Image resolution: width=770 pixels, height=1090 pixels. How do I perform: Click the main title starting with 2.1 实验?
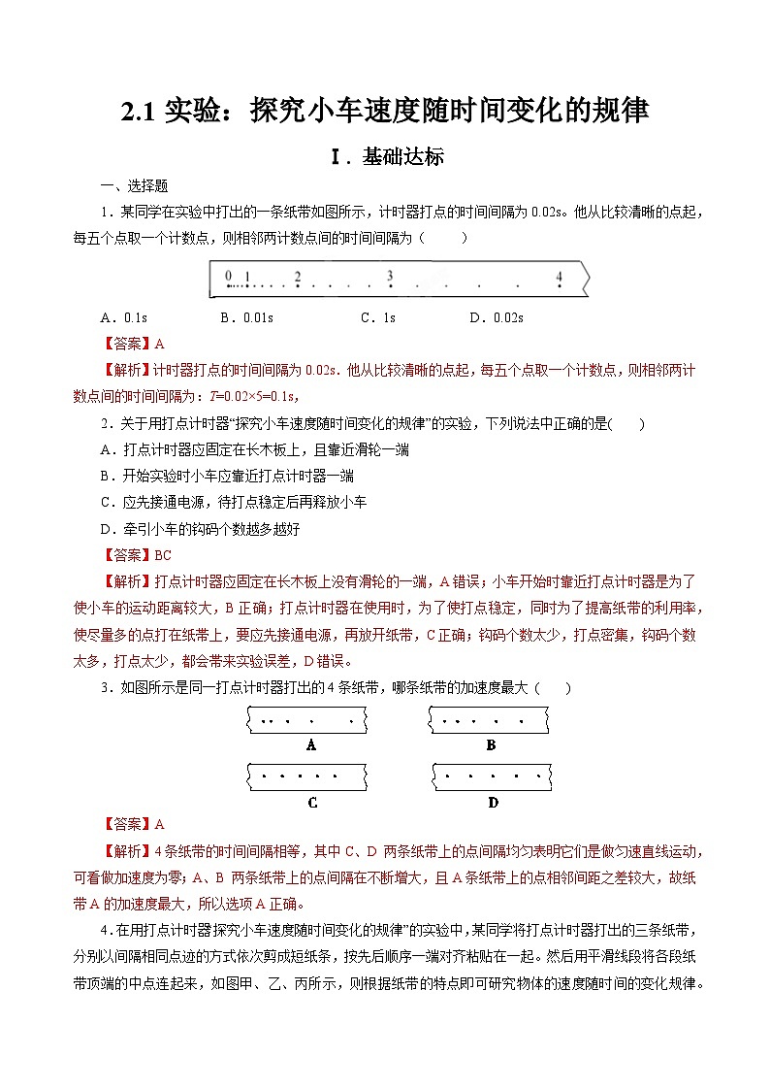(x=385, y=111)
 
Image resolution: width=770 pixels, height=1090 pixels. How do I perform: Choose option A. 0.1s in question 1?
(x=123, y=317)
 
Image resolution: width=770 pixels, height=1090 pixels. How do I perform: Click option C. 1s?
(x=377, y=317)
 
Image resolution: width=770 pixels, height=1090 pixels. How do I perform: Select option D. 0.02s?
(x=496, y=317)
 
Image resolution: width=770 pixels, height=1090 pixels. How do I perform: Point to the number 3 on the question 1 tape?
(x=389, y=276)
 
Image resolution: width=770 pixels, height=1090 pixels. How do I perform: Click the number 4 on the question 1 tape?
(x=559, y=276)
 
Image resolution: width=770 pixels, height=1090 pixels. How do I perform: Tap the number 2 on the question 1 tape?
(x=297, y=276)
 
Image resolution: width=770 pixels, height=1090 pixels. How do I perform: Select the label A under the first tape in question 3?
(x=311, y=745)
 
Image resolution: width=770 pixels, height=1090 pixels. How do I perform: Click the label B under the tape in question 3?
(x=491, y=745)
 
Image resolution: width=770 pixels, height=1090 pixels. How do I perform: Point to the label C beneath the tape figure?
(x=311, y=802)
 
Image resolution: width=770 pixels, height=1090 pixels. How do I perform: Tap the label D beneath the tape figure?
(x=493, y=802)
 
